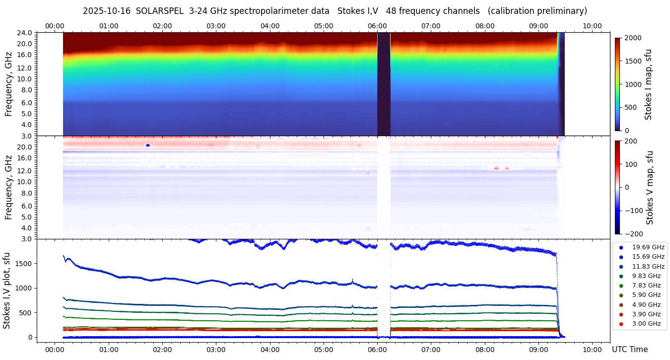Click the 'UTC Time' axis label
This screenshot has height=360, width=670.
click(629, 349)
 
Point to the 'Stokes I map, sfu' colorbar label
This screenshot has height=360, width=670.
click(648, 84)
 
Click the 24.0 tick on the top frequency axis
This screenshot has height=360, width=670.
click(25, 33)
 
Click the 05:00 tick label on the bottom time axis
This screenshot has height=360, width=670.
click(324, 349)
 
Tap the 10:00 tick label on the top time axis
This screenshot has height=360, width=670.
click(592, 26)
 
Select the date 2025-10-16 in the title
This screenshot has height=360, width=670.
click(107, 11)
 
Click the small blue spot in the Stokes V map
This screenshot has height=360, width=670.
click(147, 145)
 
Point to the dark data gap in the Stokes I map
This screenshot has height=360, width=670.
click(384, 84)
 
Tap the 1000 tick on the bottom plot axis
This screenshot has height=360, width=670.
click(24, 288)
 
